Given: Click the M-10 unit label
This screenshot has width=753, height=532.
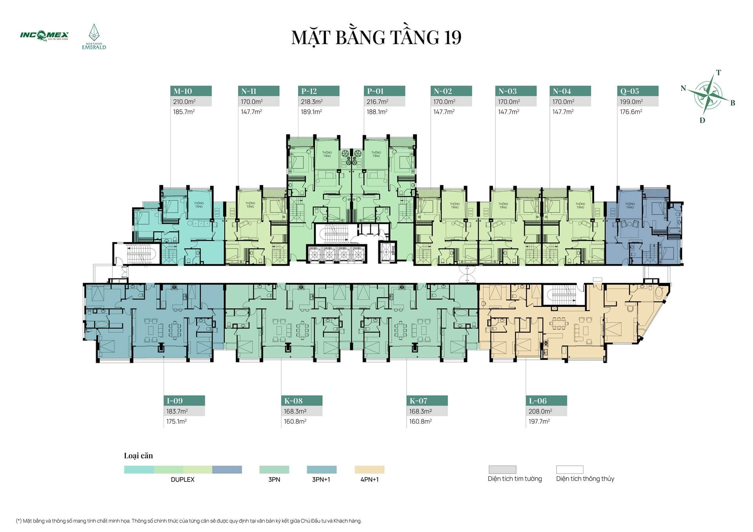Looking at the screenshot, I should point(183,91).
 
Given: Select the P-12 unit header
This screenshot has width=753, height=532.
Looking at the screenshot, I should point(309,91).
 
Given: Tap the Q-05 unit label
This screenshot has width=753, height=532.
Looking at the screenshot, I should point(630,91).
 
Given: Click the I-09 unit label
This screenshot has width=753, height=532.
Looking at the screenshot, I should point(175,401).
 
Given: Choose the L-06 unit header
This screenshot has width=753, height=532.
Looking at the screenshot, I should point(538,401).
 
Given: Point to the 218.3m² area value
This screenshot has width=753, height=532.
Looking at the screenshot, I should point(312,102).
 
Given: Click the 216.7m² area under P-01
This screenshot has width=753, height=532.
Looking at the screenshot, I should point(378,102).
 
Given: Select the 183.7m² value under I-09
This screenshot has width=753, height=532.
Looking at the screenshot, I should point(177,411).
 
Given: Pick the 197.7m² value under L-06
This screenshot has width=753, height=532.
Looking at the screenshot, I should point(539,421).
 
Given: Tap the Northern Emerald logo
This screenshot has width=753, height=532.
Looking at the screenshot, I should point(94,36).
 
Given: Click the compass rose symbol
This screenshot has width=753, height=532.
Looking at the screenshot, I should point(708,95).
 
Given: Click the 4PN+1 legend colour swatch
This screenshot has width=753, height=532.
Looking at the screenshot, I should point(369,470).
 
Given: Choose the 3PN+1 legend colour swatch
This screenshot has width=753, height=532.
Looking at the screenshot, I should point(322,470).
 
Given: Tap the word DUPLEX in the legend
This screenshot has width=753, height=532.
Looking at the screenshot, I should point(183,479).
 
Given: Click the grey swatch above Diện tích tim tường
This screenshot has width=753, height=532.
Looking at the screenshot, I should point(502,470).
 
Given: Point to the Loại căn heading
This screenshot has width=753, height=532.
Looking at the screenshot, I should point(138,455).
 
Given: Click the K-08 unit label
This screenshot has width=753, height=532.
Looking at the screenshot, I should point(293,401).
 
